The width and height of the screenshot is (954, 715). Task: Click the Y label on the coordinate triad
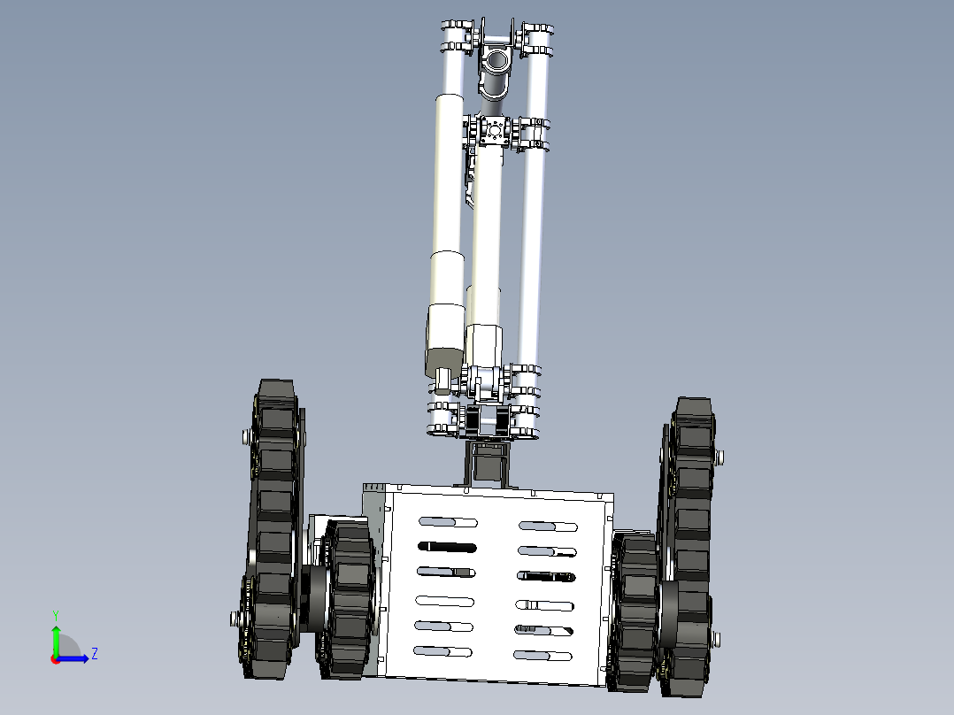[56, 614]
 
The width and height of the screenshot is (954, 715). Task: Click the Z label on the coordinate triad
[94, 654]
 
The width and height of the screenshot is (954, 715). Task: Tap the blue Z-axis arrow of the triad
[76, 657]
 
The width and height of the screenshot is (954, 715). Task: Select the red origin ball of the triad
[55, 658]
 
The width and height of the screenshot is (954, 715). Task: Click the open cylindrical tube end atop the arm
[496, 63]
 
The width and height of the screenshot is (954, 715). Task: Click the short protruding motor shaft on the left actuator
[443, 383]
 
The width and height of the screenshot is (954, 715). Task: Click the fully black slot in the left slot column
[447, 547]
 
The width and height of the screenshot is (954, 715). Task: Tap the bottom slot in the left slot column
[443, 651]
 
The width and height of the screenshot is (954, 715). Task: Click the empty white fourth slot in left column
[445, 600]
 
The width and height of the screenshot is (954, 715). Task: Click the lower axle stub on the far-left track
[235, 617]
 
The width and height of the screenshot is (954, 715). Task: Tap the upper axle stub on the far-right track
[719, 457]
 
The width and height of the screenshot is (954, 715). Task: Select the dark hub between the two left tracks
[313, 598]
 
